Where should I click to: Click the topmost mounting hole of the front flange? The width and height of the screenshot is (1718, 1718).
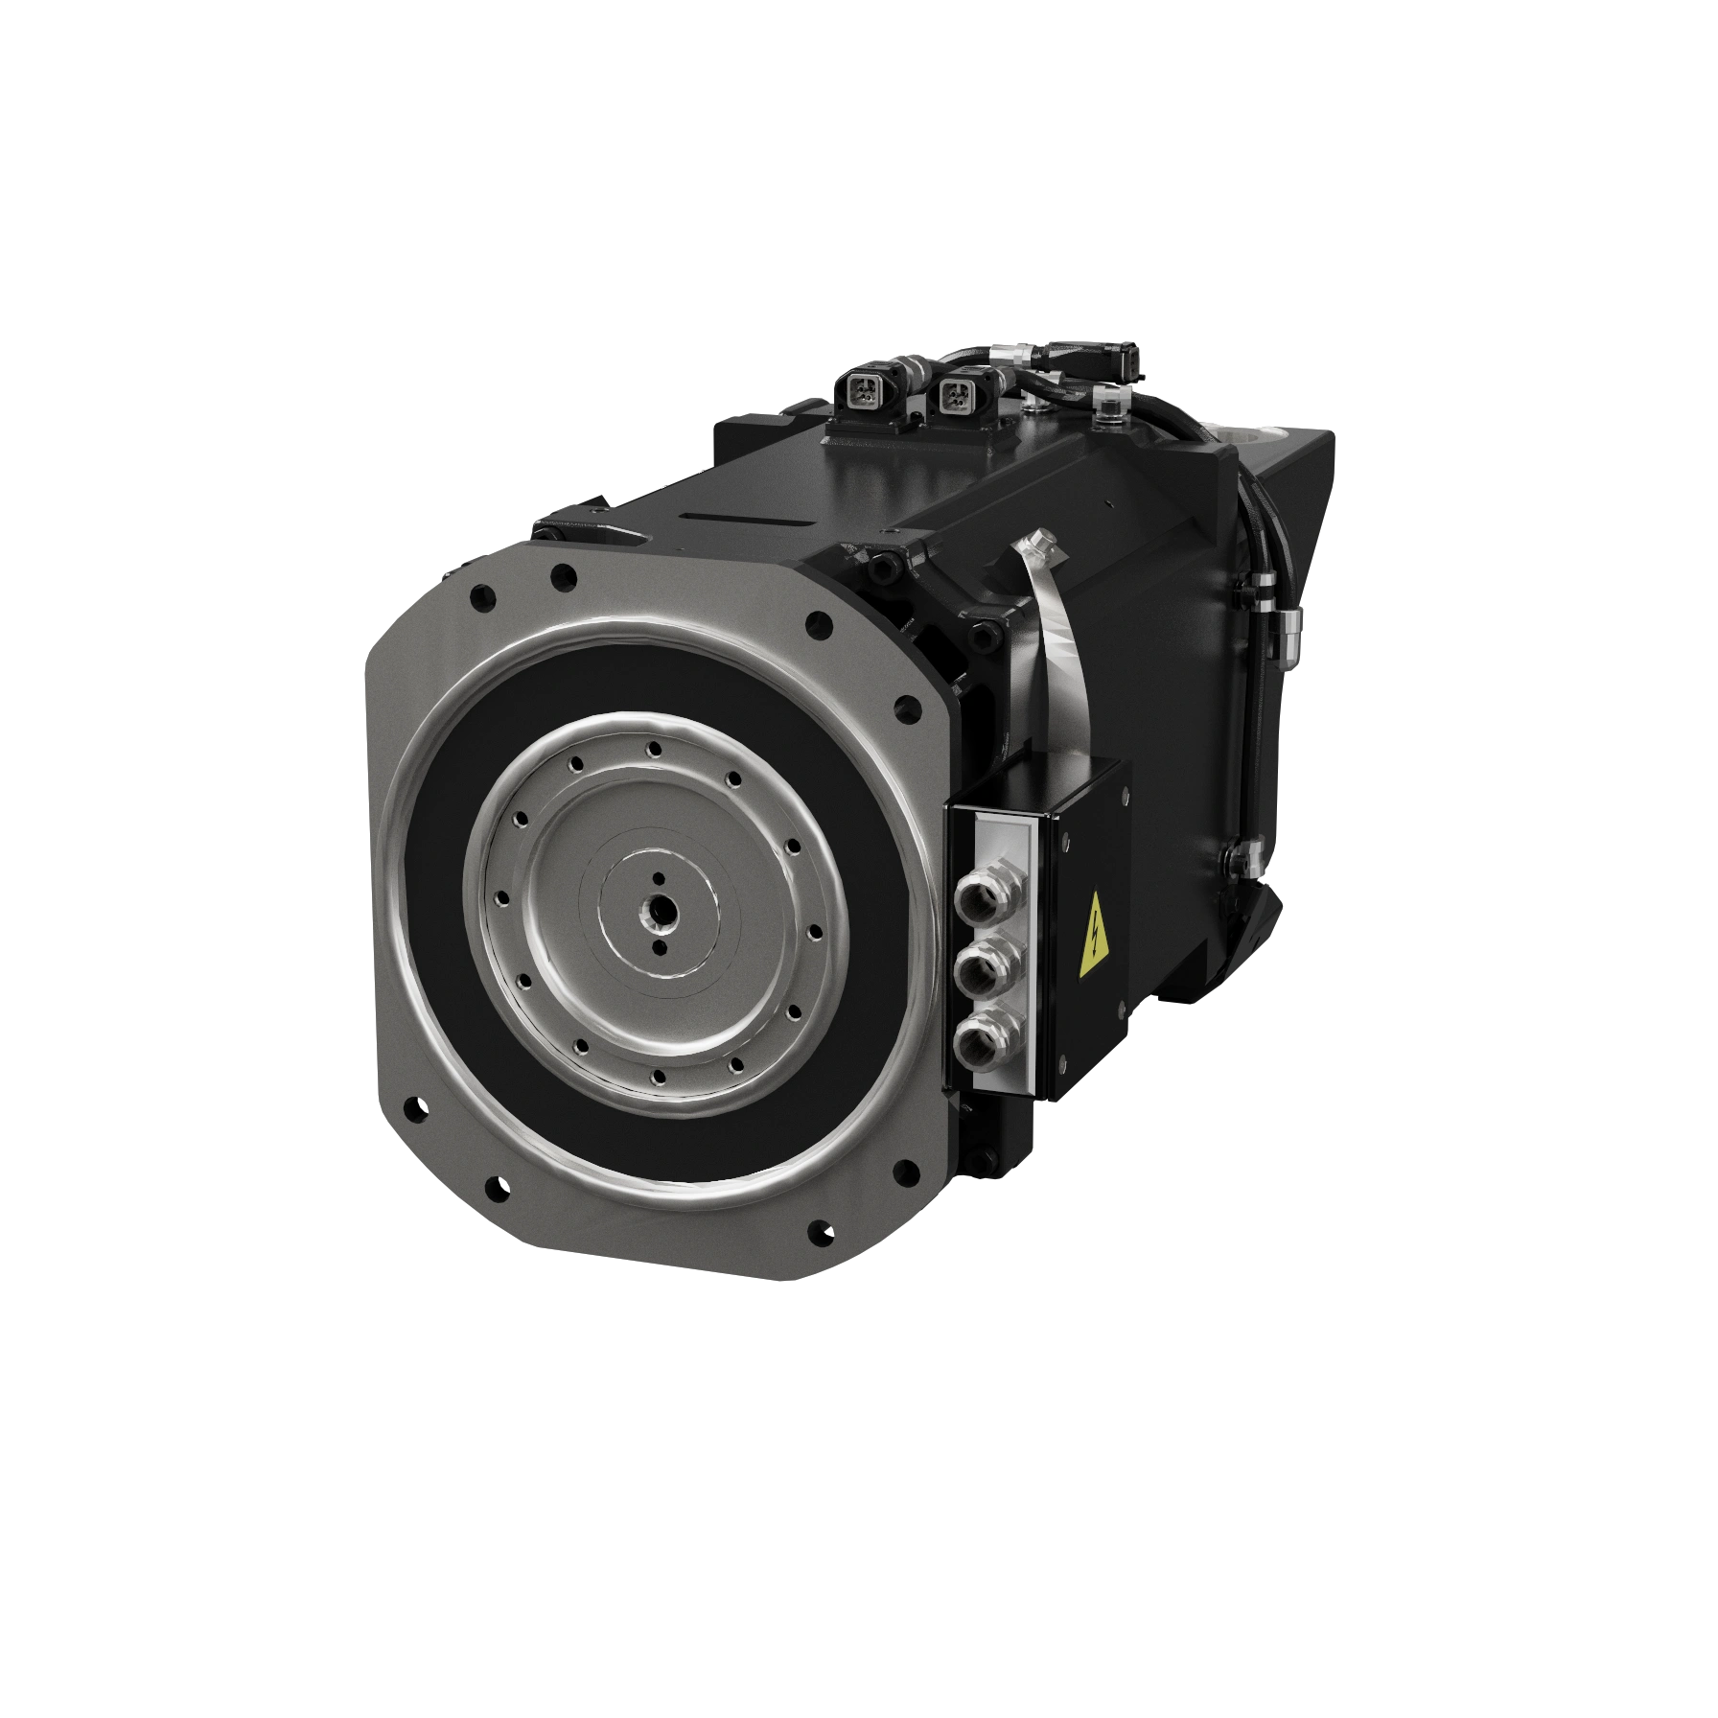coord(564,576)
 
